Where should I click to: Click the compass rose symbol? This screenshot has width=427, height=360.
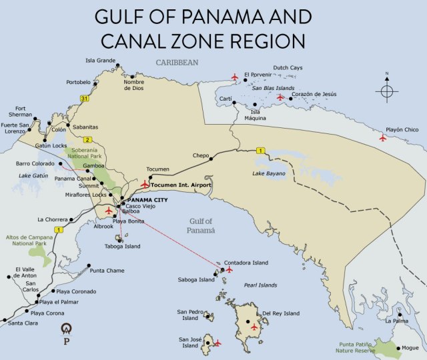(386, 91)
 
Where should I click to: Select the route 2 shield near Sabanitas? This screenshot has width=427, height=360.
(87, 139)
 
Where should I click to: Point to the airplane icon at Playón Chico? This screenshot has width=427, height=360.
(382, 138)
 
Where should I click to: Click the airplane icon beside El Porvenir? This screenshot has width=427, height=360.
(234, 77)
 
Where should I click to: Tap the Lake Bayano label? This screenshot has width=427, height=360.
(269, 173)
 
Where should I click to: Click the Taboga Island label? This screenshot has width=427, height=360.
(123, 246)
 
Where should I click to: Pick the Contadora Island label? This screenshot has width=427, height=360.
(246, 263)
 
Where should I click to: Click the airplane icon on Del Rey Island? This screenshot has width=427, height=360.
(254, 327)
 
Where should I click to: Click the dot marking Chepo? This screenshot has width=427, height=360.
(211, 159)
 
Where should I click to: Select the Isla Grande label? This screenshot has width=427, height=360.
(100, 60)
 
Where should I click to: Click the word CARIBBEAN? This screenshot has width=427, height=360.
(177, 62)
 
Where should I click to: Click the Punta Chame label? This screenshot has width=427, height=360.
(107, 271)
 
